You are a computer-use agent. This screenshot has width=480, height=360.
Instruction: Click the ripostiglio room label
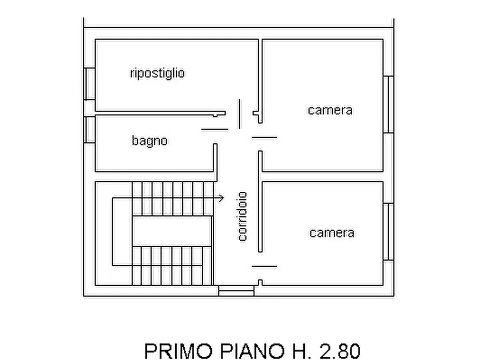coord(157,73)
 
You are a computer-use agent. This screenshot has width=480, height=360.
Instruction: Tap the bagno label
coord(149,141)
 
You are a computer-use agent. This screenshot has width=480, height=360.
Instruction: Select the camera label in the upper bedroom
coord(330,110)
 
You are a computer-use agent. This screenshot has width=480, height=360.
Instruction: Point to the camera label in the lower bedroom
coord(332,233)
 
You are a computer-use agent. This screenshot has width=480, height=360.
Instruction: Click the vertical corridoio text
coord(242,216)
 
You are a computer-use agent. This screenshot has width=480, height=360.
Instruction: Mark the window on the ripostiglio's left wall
coord(89,83)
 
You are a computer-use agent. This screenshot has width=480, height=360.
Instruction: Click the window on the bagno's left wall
coord(89,129)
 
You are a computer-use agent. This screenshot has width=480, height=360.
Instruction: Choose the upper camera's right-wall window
coord(388,104)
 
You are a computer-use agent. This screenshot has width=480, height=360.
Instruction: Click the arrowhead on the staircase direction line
coord(221,198)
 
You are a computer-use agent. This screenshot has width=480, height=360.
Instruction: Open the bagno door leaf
coord(214,129)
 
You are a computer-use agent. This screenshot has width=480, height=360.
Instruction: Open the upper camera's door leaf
coord(264,138)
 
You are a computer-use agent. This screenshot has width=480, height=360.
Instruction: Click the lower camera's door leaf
coord(264,266)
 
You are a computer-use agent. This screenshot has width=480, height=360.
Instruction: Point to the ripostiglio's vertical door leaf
coord(239,113)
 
